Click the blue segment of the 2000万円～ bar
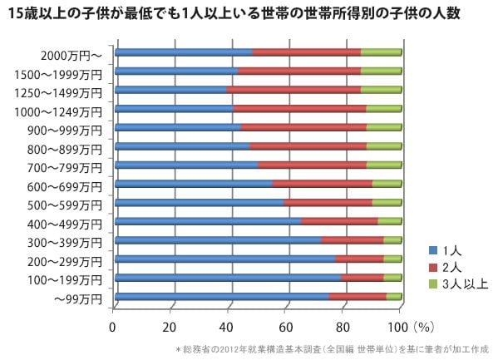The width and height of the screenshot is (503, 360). coord(183,52)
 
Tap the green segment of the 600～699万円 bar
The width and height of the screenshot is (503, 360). coord(386,184)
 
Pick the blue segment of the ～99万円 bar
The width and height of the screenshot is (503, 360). coord(221,296)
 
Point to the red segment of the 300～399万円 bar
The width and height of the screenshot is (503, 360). coord(352,240)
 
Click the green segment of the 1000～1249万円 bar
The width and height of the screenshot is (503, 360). coord(383,109)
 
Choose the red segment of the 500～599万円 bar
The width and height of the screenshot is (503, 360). coord(328,202)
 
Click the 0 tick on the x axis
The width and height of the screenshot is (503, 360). coord(113,325)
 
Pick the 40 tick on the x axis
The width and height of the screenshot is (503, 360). coord(229,325)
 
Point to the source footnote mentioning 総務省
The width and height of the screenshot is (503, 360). coord(333,349)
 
